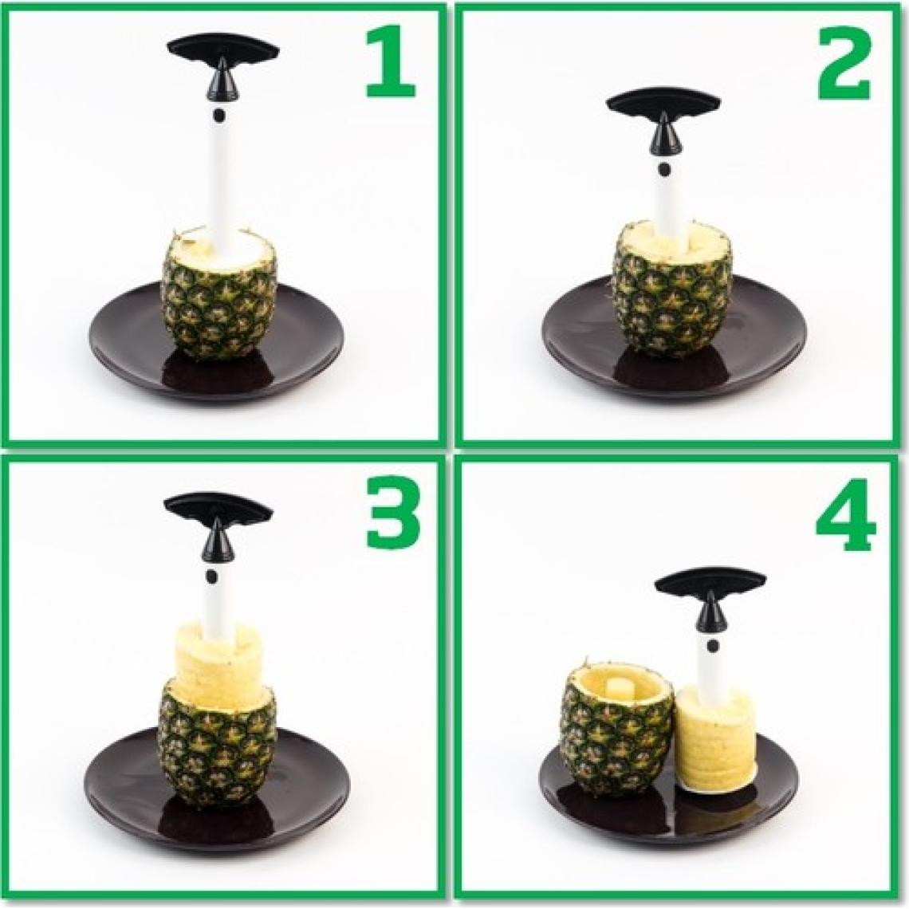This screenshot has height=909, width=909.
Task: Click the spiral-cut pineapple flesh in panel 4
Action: (x=716, y=742)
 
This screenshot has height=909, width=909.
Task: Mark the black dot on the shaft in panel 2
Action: (x=663, y=169)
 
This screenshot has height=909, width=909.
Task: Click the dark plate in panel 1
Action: (x=128, y=351)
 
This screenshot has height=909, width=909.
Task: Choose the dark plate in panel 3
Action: (x=120, y=797)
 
